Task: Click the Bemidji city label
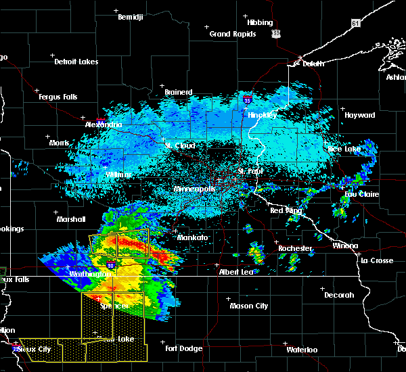131,17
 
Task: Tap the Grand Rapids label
232,34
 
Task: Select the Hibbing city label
260,22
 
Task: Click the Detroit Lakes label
76,62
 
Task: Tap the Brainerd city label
179,92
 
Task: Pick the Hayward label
359,116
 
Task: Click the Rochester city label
295,248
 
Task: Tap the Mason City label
248,306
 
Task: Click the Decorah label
339,295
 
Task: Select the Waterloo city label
301,350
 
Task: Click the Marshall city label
71,219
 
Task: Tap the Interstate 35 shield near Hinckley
248,99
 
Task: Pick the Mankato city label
192,238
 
